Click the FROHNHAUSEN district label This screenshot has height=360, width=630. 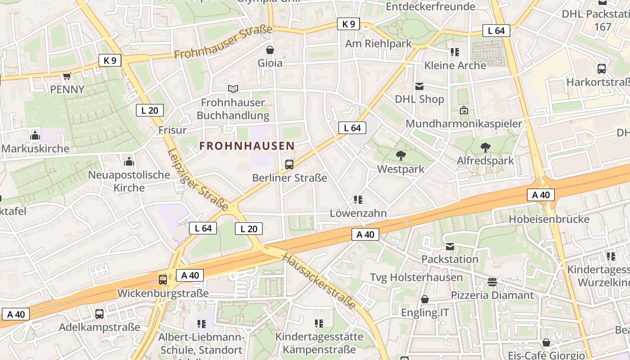point(247,146)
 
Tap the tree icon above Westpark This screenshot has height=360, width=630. point(400,156)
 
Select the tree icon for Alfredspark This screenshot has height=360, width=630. point(485,147)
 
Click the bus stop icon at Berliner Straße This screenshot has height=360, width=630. point(289,165)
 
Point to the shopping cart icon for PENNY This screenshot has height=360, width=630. point(67,76)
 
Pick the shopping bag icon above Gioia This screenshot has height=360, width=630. point(270,50)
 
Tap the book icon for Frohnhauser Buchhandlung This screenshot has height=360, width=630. point(233,89)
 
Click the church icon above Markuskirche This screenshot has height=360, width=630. point(35,135)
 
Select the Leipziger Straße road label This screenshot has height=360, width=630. point(198,179)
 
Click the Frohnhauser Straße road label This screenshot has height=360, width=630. point(223,42)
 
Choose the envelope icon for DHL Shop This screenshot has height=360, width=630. point(419,86)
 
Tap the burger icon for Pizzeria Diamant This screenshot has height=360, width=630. point(492,282)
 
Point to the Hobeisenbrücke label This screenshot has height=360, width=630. point(549,219)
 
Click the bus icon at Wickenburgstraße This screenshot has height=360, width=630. point(163,279)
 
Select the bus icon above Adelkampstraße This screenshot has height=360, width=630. point(99,314)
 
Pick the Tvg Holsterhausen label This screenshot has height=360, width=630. point(416,277)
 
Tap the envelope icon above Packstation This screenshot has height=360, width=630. point(450,246)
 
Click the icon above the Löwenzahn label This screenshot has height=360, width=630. point(358,199)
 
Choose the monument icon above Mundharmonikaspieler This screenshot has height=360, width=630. point(464,110)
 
